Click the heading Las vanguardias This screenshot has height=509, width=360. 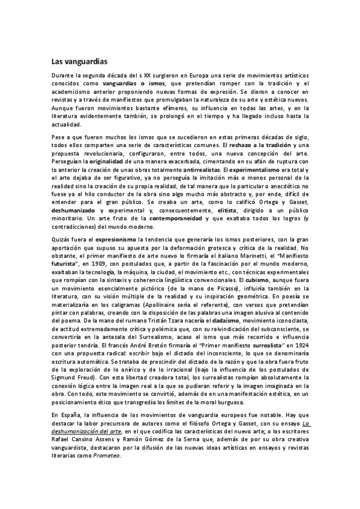(x=79, y=60)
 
